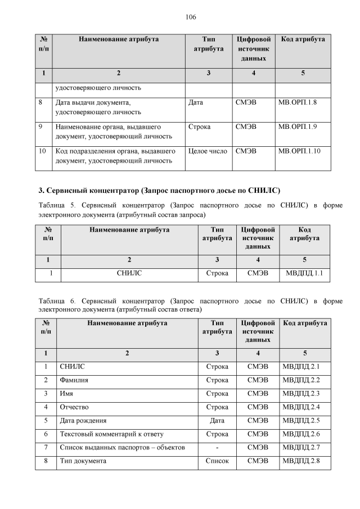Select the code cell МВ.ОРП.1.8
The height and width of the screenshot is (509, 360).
(x=298, y=103)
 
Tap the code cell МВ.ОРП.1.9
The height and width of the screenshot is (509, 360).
(x=298, y=127)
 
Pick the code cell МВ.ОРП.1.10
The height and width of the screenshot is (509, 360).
(x=300, y=151)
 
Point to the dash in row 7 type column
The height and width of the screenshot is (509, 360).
(x=217, y=448)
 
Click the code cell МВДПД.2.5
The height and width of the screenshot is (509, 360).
(x=304, y=420)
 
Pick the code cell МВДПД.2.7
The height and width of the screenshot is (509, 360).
(x=304, y=448)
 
